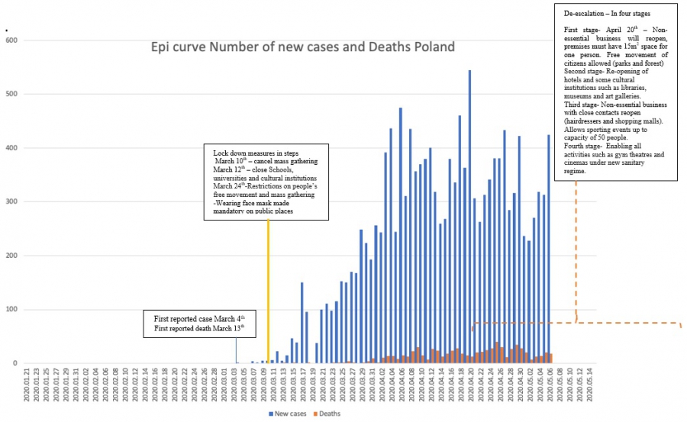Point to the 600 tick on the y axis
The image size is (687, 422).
coord(12,40)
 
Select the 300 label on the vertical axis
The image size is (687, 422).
coord(12,202)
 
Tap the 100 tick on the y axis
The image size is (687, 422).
coord(12,310)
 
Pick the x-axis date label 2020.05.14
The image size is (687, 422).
coord(588,385)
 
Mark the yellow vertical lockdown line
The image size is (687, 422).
coord(268,290)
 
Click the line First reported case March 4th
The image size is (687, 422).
coord(199,317)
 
